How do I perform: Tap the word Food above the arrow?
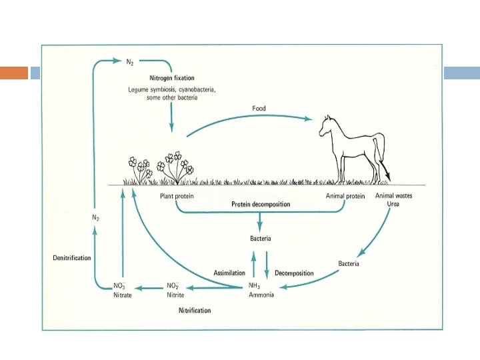tap(259, 108)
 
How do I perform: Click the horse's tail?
tap(382, 157)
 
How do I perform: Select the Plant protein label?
tap(176, 196)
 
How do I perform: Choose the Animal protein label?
tap(345, 196)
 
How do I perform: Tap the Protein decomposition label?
tap(260, 204)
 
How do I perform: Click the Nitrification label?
tap(195, 311)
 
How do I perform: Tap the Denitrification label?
tap(71, 257)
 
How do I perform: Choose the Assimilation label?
tap(229, 274)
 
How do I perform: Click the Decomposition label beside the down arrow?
tap(294, 274)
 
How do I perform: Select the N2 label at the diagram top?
tap(132, 61)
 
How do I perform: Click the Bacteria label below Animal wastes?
tap(348, 264)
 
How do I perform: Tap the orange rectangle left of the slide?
tap(13, 73)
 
